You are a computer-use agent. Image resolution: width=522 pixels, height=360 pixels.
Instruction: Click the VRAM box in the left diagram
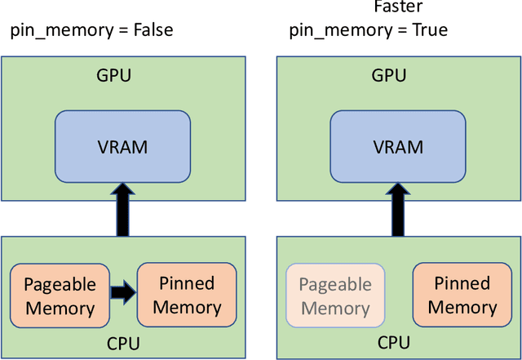122,148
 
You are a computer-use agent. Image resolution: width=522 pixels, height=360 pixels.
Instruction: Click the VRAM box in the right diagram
397,148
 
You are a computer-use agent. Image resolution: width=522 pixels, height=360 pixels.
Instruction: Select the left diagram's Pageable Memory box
60,296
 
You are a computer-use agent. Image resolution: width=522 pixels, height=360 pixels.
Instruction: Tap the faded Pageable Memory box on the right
334,296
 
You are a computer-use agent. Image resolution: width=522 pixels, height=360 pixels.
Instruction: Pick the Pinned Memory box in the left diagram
187,296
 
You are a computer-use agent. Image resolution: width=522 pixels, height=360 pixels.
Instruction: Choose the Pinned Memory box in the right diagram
462,296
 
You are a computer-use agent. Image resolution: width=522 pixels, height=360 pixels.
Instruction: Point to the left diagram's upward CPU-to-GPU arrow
122,211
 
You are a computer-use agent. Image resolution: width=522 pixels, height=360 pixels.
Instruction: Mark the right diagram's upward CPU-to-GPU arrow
397,211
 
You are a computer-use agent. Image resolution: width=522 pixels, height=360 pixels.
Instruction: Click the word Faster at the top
397,7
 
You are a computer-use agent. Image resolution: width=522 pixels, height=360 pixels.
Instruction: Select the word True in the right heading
428,30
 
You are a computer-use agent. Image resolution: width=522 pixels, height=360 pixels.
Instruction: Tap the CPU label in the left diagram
122,342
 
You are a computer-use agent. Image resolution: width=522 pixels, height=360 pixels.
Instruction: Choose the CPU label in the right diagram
397,342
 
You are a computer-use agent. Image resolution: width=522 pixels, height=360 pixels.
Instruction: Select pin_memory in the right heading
338,31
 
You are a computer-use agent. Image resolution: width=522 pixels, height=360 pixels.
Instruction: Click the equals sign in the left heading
120,31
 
